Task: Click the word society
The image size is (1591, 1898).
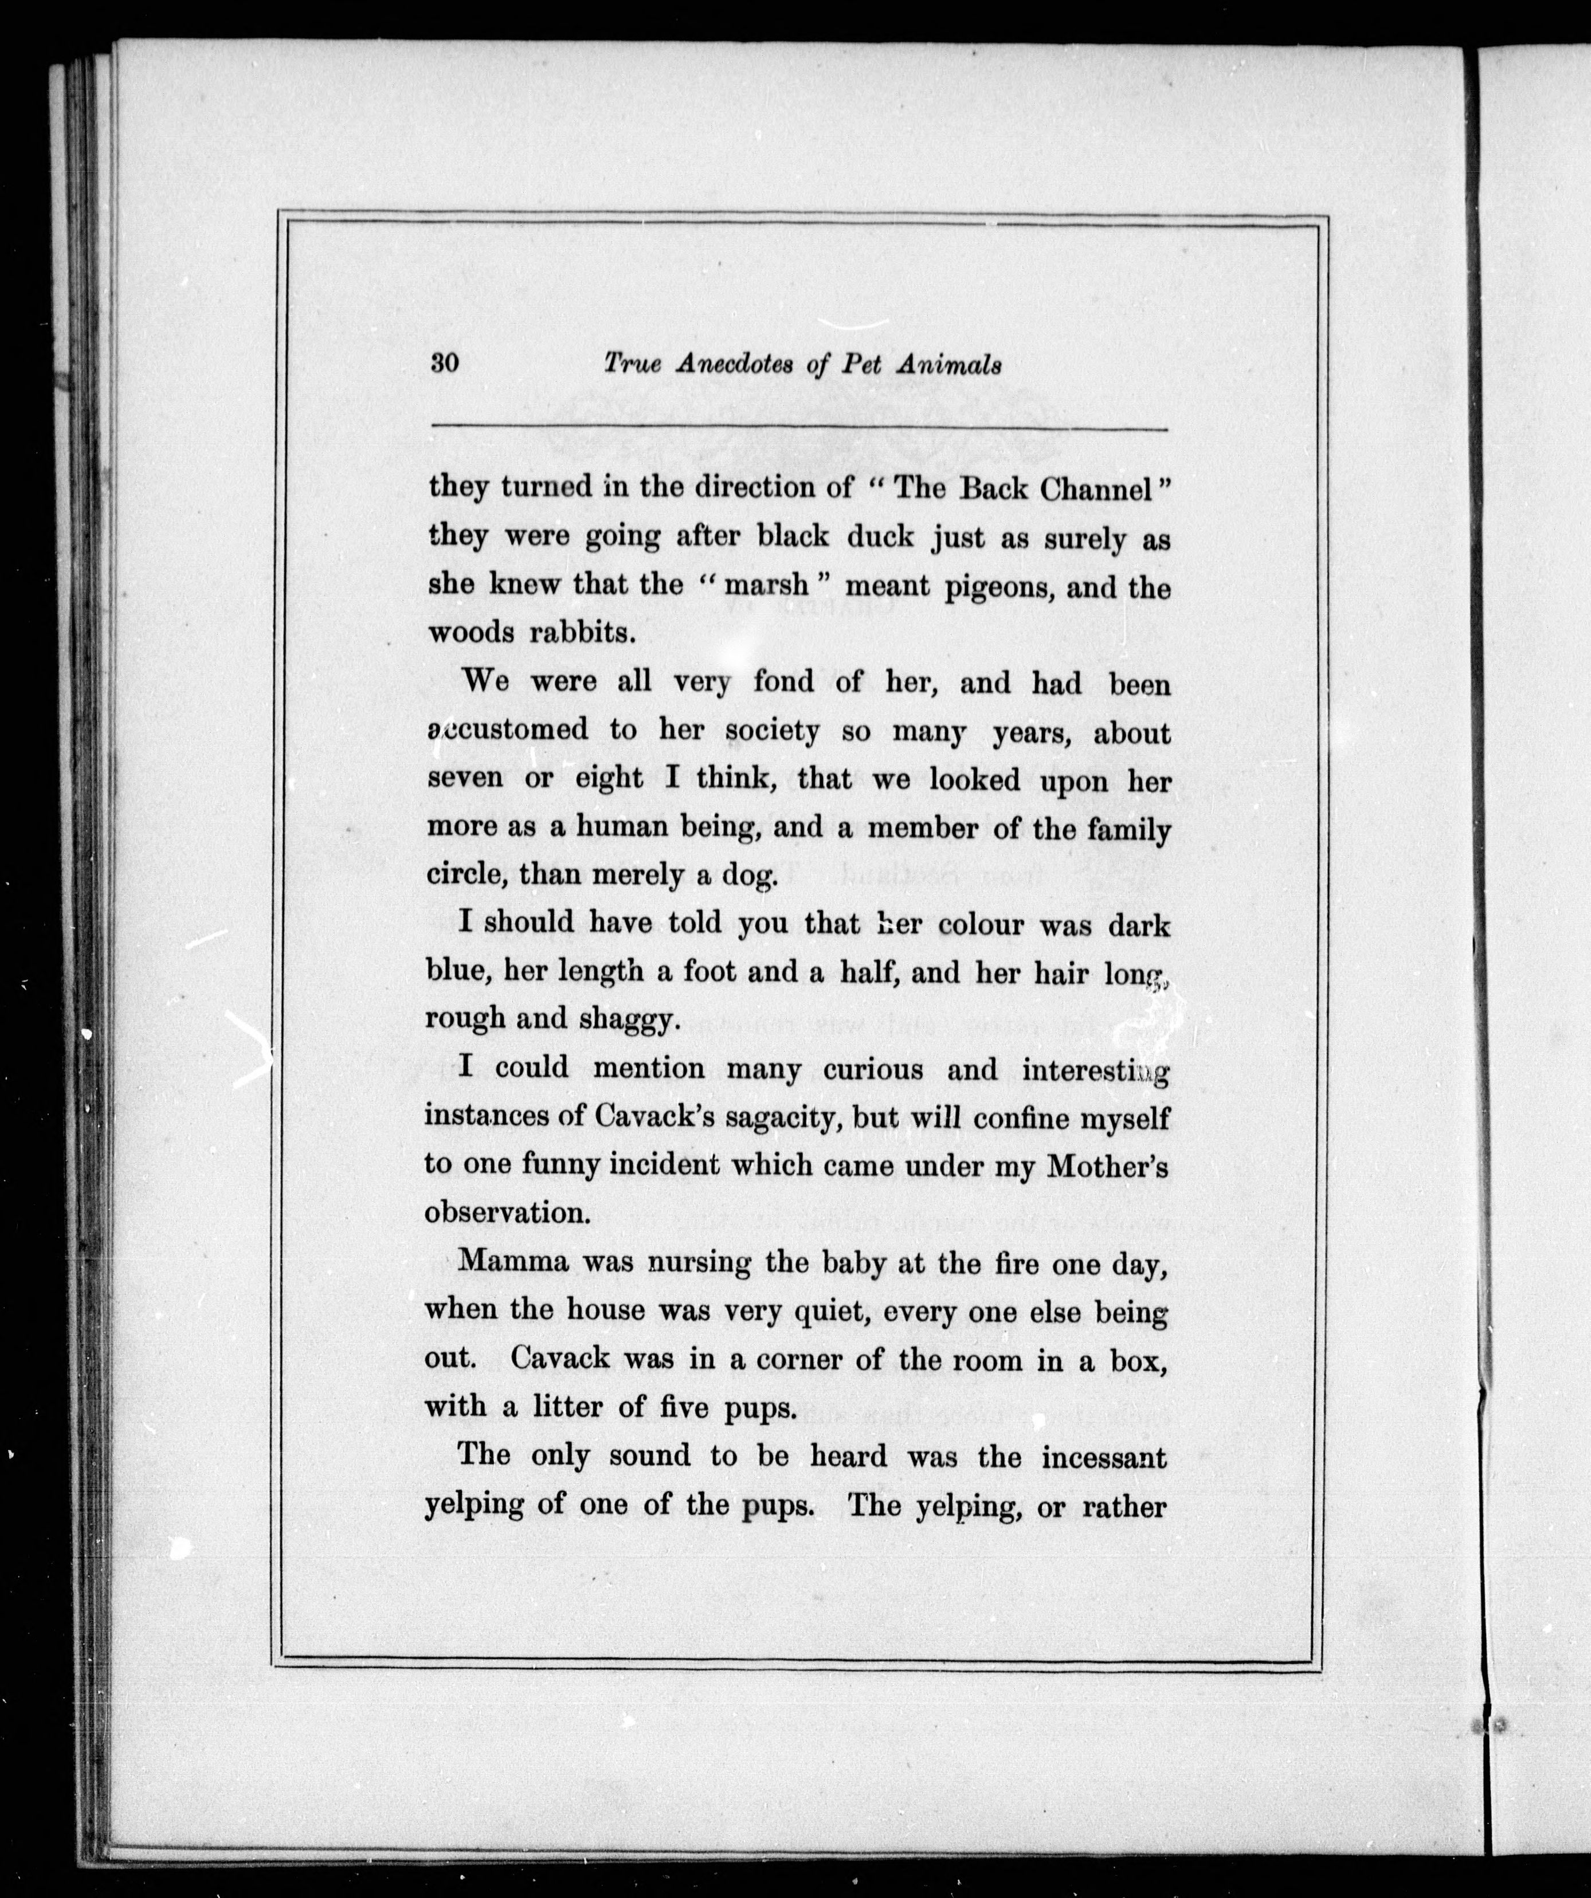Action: (773, 731)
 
